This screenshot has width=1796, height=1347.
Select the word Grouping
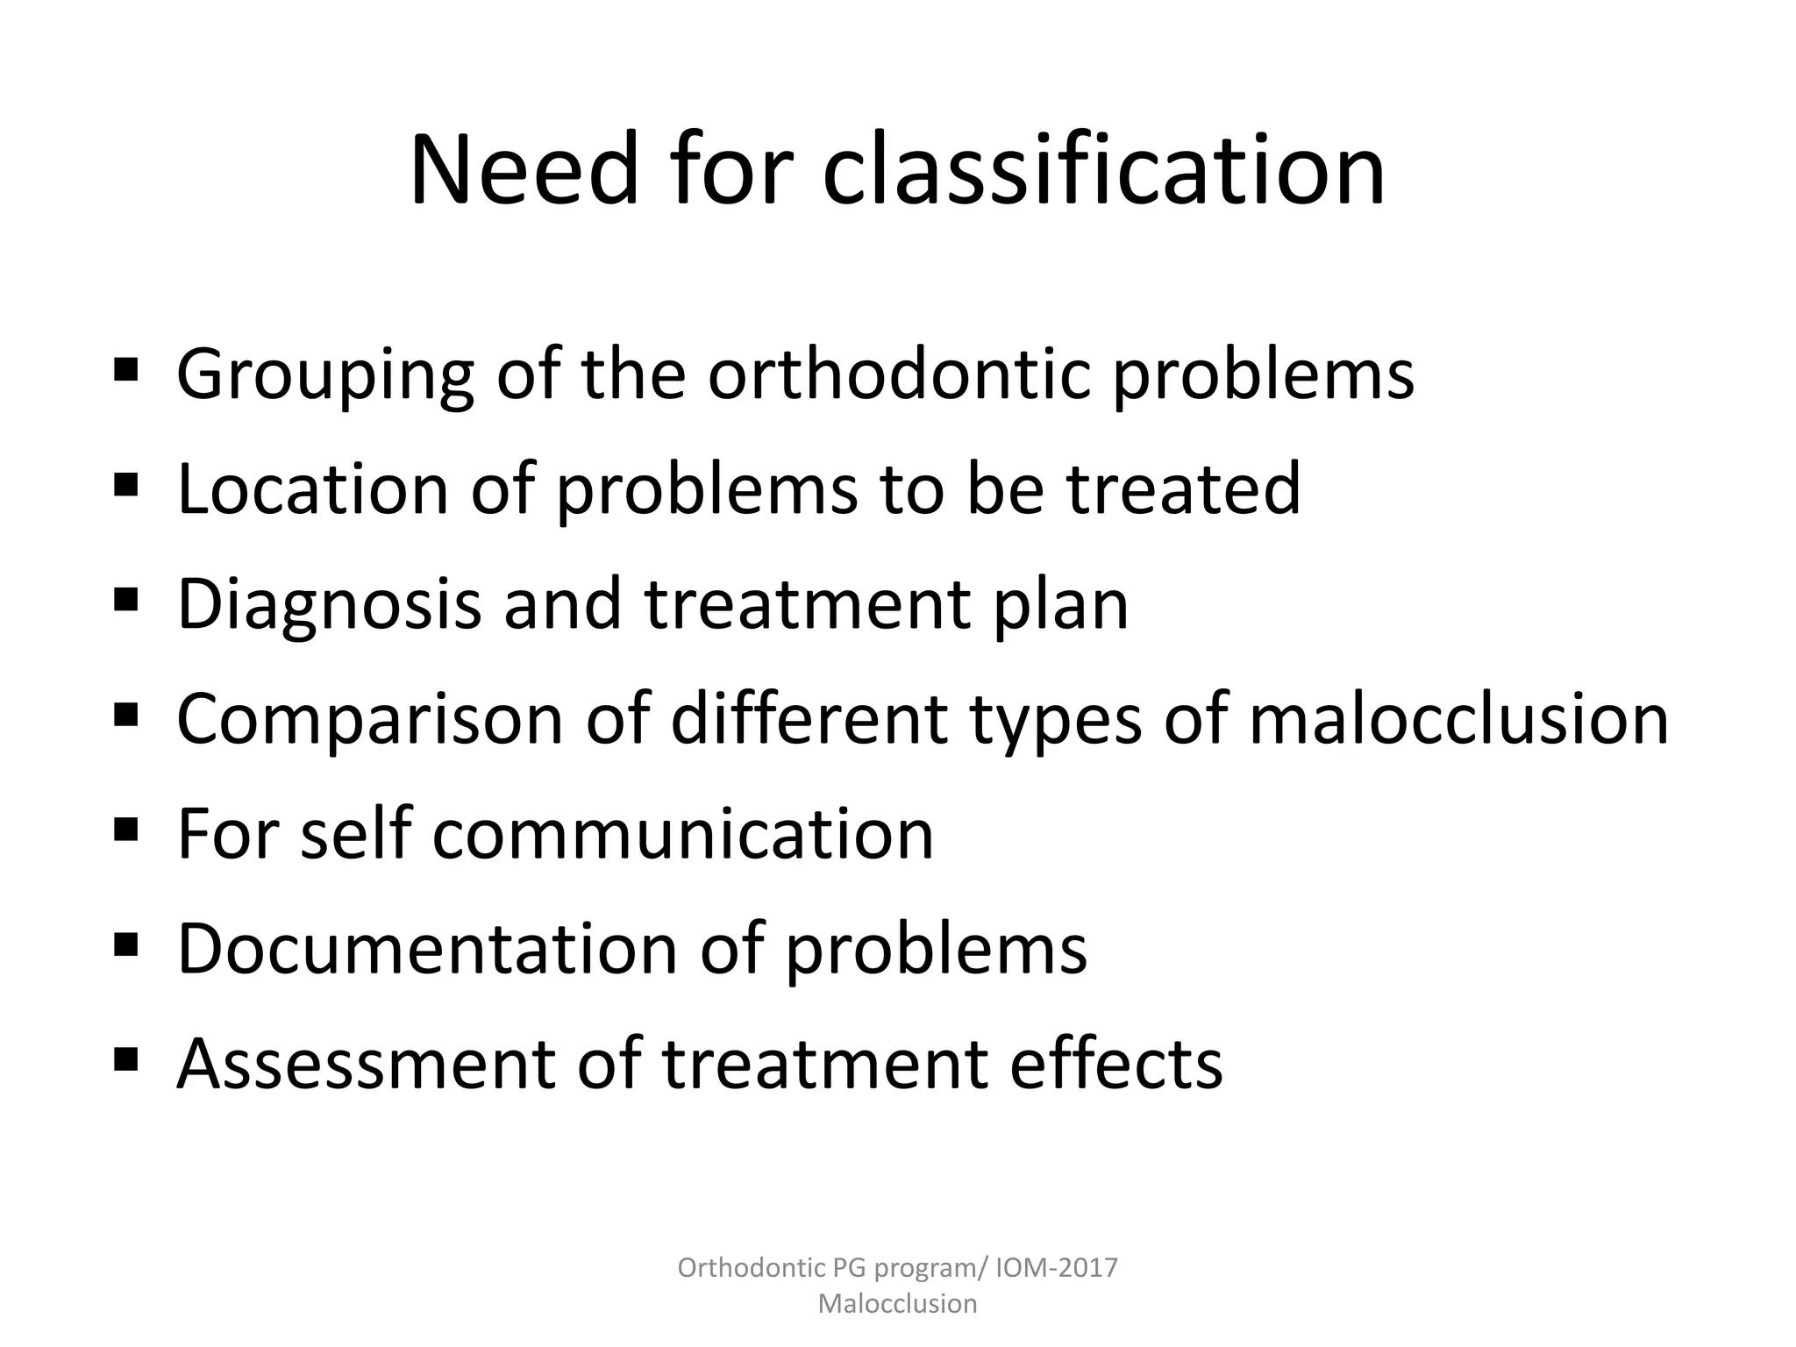coord(325,375)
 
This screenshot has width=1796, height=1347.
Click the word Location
coord(313,488)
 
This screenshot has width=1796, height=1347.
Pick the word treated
coord(1183,488)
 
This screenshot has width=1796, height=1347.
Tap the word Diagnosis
coord(330,605)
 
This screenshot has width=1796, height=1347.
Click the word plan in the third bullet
coord(1060,605)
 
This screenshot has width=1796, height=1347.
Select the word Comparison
coord(369,719)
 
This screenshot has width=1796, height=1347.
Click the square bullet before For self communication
coord(126,828)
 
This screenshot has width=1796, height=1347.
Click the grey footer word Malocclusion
coord(897,1303)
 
